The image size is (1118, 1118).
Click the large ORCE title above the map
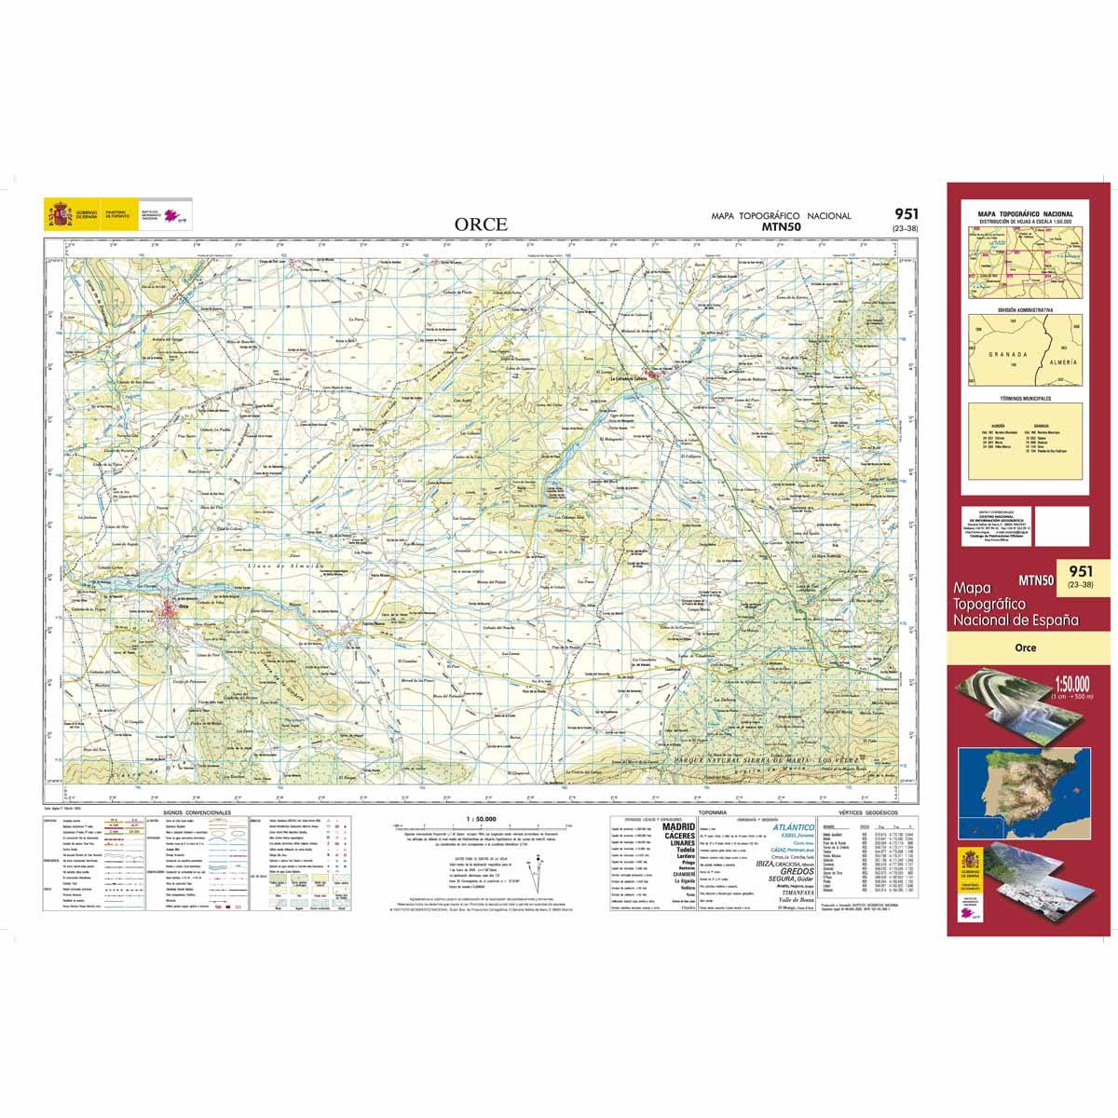point(481,224)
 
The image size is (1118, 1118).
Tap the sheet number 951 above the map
point(903,215)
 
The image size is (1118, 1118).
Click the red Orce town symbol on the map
point(170,611)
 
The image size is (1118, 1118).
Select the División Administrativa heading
point(1025,308)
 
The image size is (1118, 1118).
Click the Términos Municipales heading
point(1025,398)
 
